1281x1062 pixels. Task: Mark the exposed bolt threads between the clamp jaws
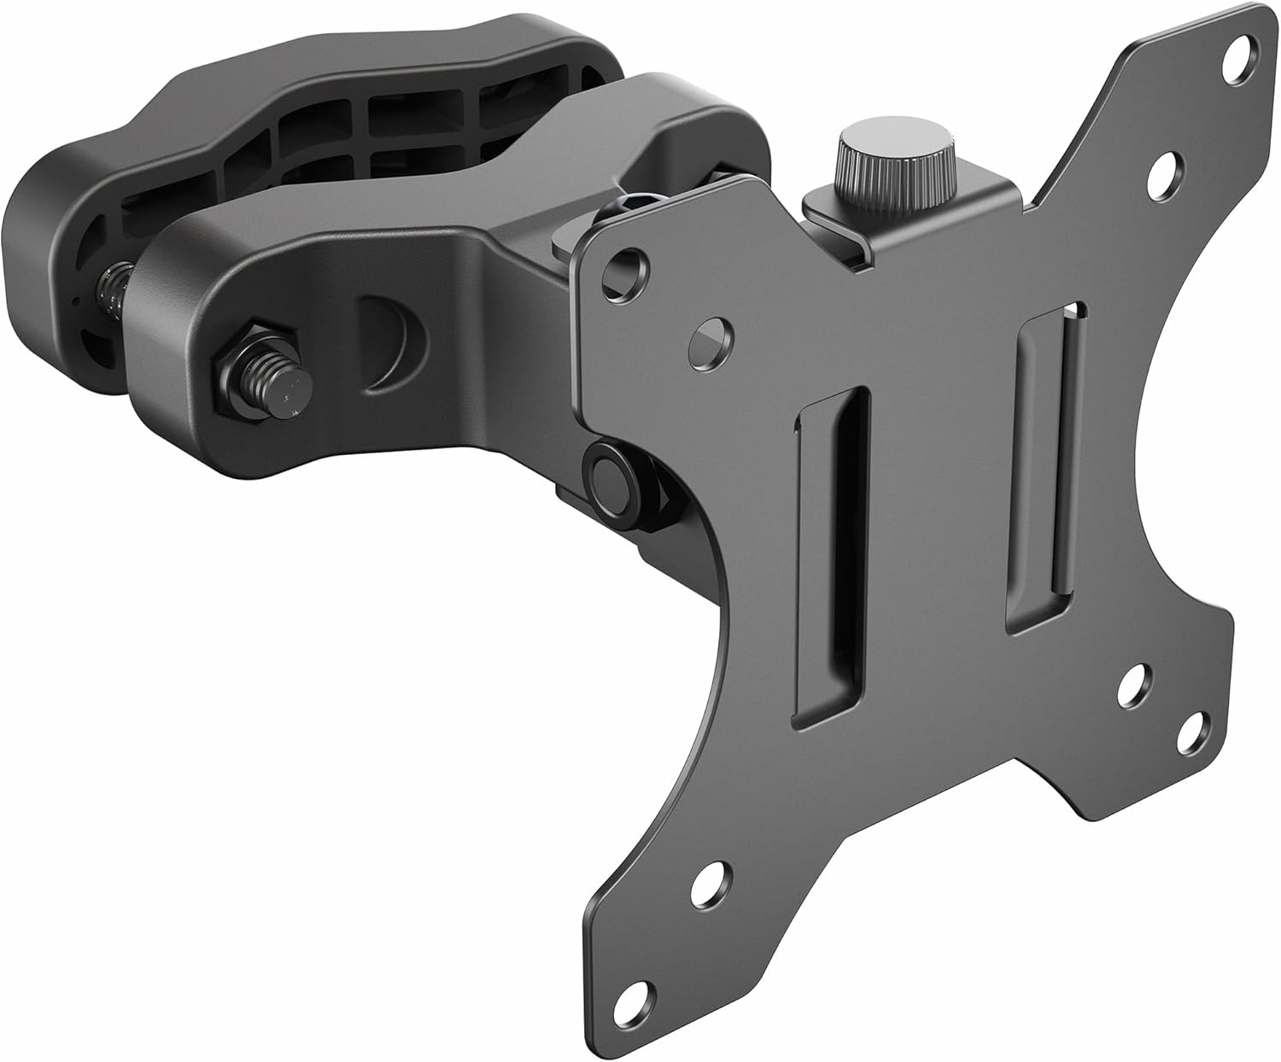tap(113, 295)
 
